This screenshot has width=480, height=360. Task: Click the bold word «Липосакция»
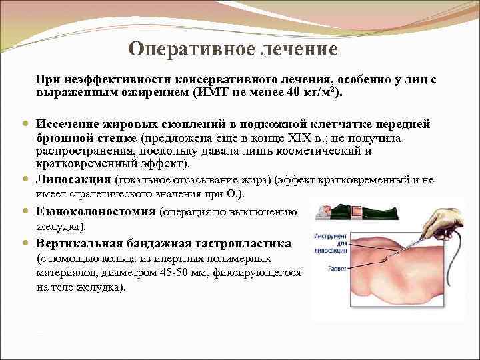coord(74,180)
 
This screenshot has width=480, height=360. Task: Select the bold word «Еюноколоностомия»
coord(96,212)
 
